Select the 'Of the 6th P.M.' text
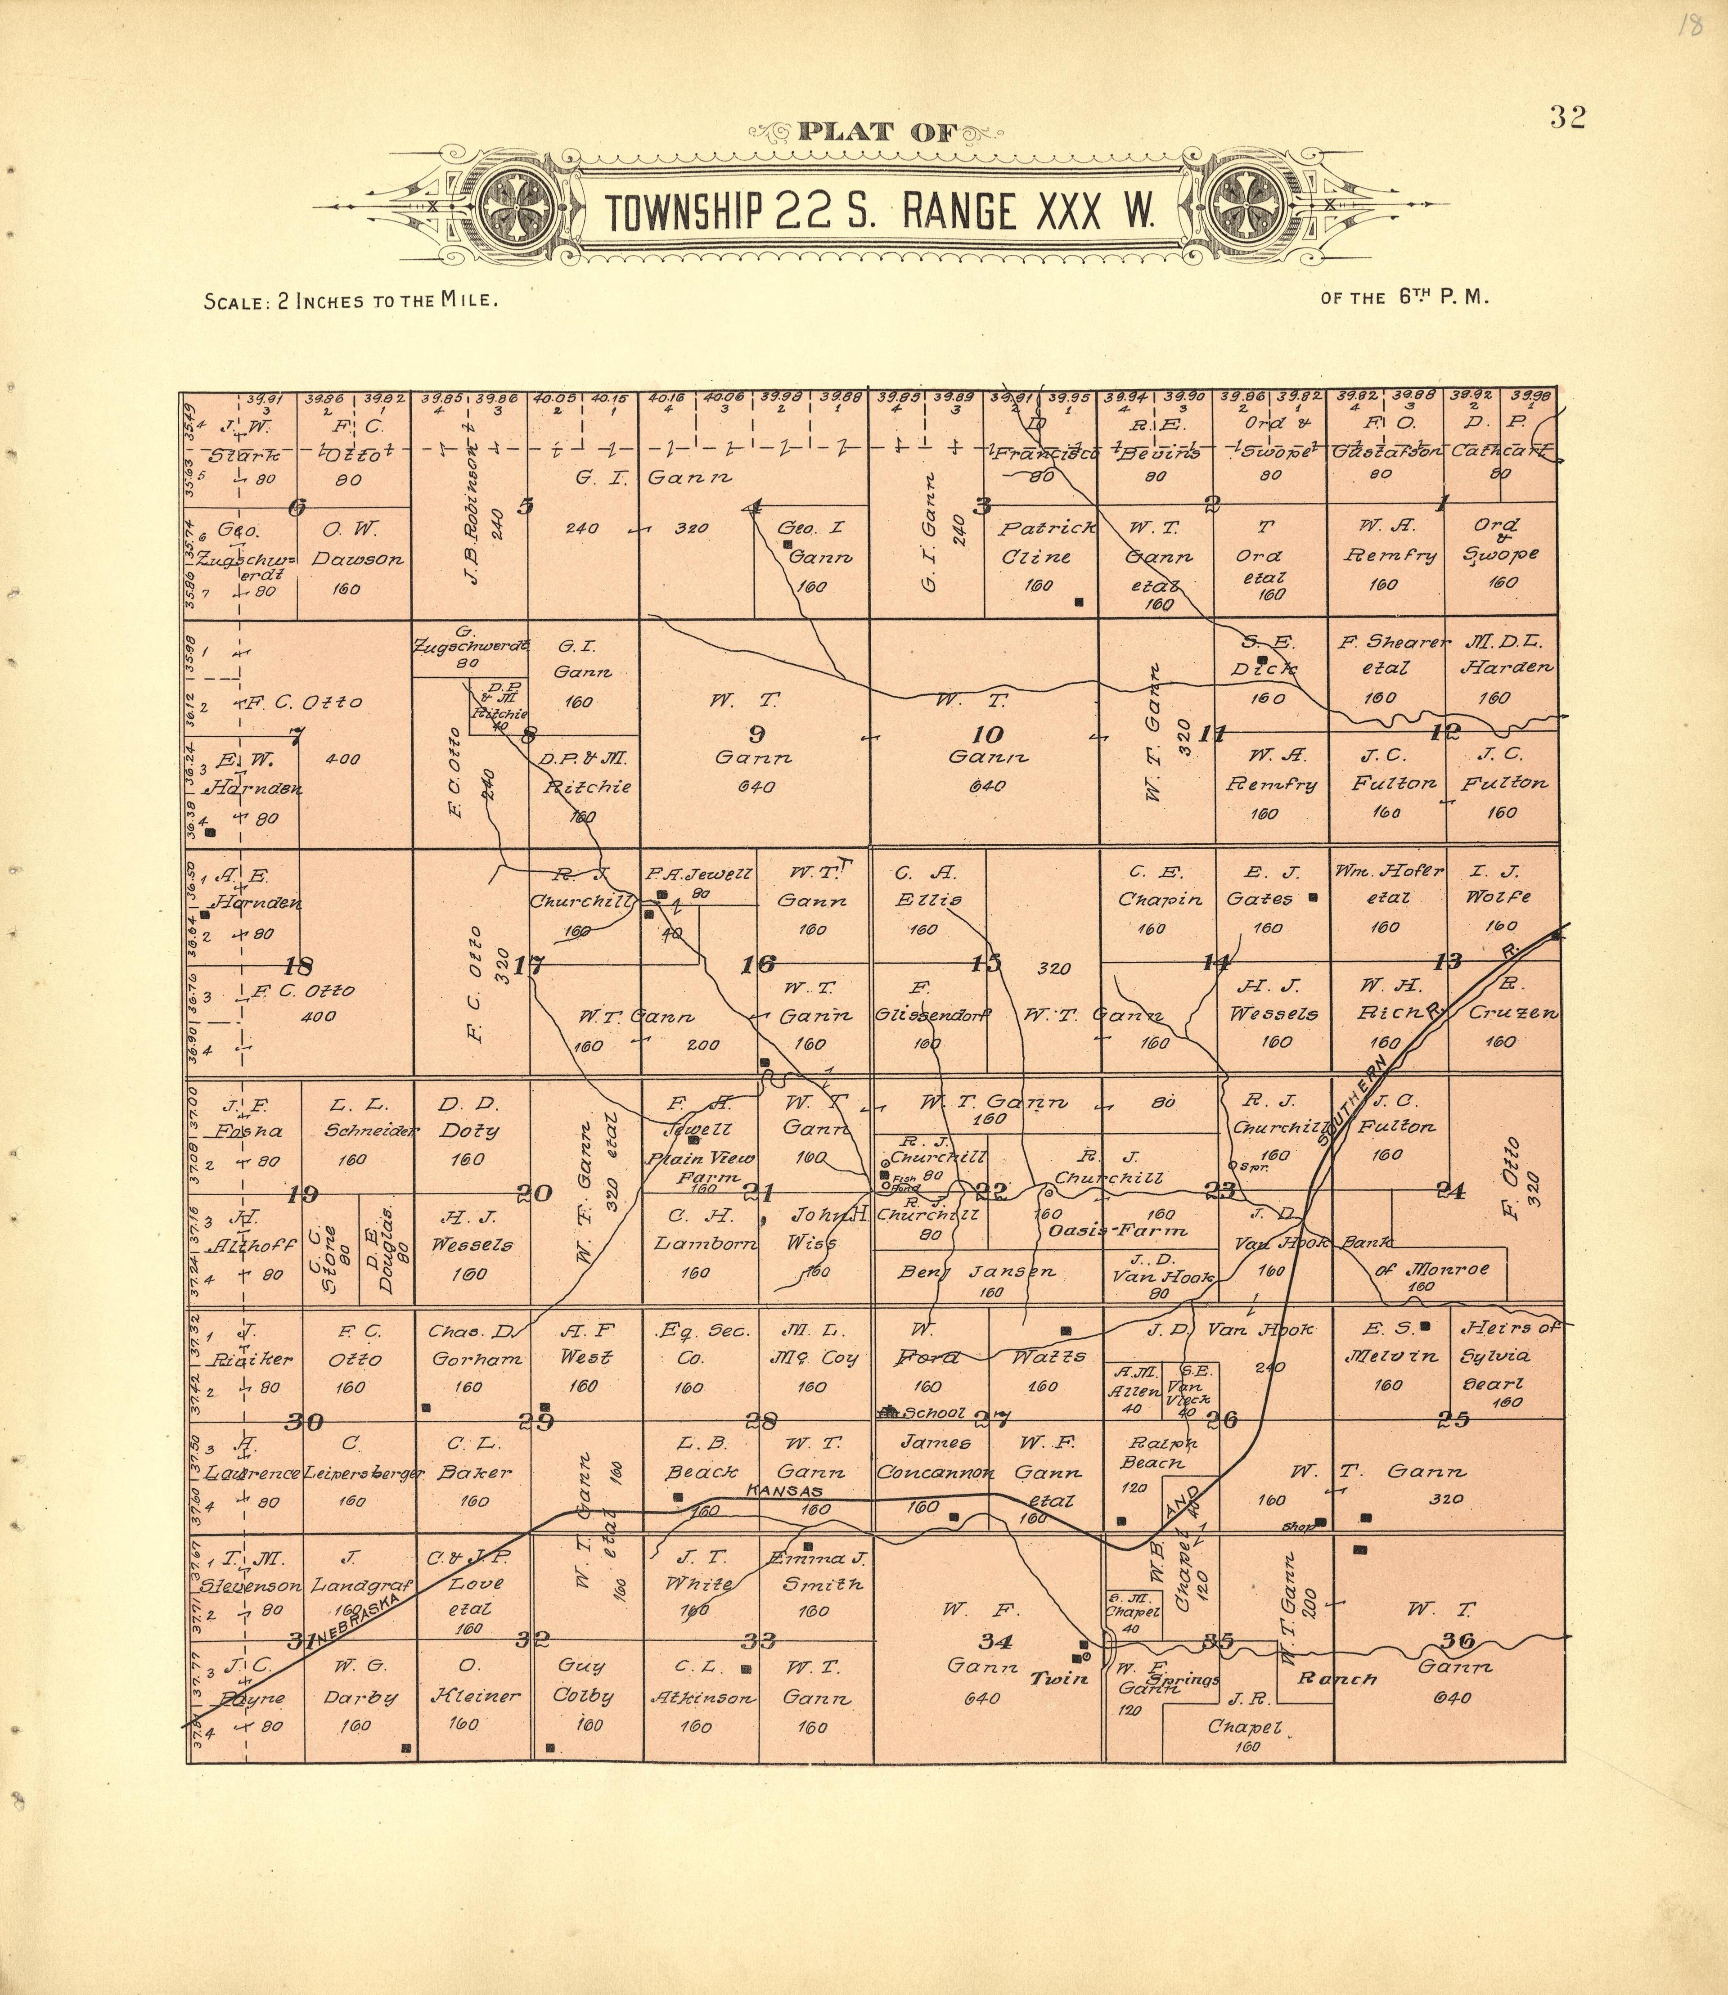(x=1405, y=298)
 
